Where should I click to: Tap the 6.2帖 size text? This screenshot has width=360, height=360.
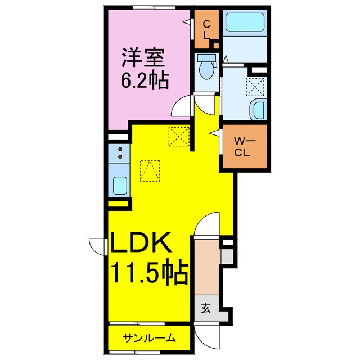[x=143, y=81]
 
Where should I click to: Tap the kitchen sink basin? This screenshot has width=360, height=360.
[x=120, y=184]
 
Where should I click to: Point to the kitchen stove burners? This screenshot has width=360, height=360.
[x=119, y=151]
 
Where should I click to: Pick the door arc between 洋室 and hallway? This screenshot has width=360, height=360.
[x=183, y=107]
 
